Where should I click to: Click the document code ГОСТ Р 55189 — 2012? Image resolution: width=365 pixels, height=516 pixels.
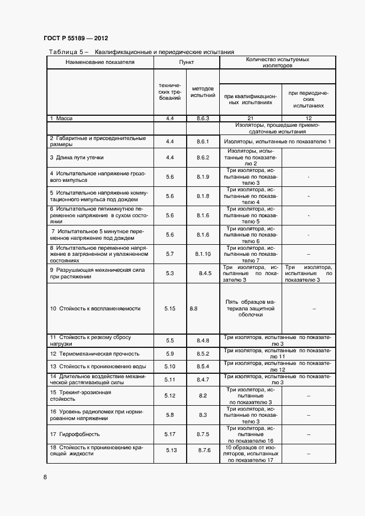pos(76,39)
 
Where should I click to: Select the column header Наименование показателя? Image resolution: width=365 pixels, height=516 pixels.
pos(100,62)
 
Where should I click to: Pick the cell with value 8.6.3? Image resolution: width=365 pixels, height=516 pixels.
pos(203,119)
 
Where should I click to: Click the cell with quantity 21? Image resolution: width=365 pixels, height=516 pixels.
pos(250,119)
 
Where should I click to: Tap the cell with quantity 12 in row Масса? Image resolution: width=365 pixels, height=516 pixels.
pos(308,119)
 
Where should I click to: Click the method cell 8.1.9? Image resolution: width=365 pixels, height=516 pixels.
pos(203,176)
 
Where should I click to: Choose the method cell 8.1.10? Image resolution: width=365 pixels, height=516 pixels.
pos(203,254)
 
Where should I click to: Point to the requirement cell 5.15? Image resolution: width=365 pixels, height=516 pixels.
pos(170,309)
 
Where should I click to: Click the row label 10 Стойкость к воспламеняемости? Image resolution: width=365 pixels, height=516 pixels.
pos(96,309)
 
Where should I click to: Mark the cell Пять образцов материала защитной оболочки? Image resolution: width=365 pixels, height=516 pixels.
pos(250,309)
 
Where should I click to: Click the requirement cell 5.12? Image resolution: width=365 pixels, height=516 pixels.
pos(170,396)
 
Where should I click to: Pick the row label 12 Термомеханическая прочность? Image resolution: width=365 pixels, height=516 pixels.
pos(94,353)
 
